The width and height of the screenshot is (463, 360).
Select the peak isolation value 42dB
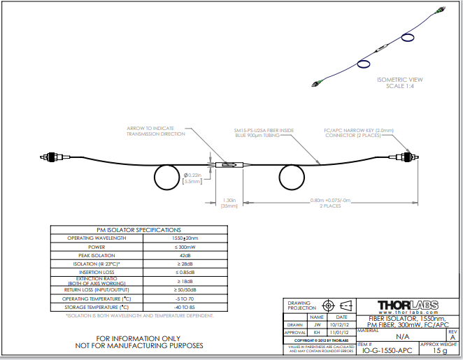pyautogui.click(x=184, y=256)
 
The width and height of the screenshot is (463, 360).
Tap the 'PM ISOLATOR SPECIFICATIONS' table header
pyautogui.click(x=138, y=229)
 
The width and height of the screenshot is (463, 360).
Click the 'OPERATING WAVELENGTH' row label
pyautogui.click(x=97, y=238)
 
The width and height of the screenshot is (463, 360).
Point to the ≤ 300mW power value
pyautogui.click(x=184, y=247)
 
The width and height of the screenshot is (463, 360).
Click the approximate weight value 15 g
pyautogui.click(x=439, y=352)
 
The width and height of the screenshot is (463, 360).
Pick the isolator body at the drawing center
pyautogui.click(x=230, y=165)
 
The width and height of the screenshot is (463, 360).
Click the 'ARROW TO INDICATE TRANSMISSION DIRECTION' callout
pyautogui.click(x=156, y=131)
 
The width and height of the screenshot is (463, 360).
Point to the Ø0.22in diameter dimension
pyautogui.click(x=193, y=174)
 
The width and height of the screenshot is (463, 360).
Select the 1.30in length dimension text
pyautogui.click(x=228, y=199)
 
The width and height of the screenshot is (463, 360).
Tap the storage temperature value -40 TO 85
pyautogui.click(x=184, y=307)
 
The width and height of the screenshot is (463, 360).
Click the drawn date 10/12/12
pyautogui.click(x=339, y=324)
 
